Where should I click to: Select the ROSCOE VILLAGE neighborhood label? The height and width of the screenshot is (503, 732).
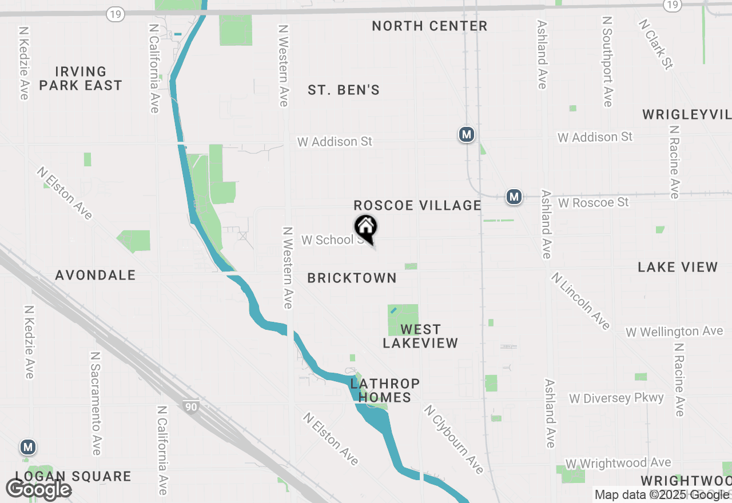click(417, 206)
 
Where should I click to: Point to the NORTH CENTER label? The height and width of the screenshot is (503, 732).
click(429, 26)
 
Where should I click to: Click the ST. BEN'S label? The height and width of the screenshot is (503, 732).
click(344, 90)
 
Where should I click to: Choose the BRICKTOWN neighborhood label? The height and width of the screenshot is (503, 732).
click(352, 278)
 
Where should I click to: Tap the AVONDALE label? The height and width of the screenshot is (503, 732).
click(96, 276)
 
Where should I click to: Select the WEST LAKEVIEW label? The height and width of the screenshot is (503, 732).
click(420, 336)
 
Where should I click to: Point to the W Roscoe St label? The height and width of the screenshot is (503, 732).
click(593, 203)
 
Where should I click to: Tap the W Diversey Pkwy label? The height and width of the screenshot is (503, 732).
click(616, 398)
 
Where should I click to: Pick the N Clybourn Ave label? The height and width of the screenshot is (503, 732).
click(453, 440)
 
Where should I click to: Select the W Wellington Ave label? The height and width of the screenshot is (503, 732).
click(674, 332)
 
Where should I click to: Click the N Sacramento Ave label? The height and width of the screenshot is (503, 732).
click(96, 403)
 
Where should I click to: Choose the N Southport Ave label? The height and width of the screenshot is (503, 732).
click(607, 61)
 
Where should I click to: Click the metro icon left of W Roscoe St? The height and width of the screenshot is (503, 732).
click(514, 197)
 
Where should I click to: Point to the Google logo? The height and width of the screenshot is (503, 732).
click(38, 489)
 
